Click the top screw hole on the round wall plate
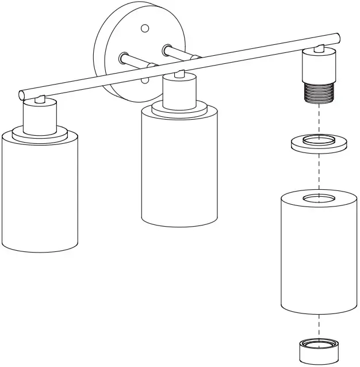(x=145, y=28)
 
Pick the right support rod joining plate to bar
(x=178, y=53)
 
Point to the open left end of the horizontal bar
(x=22, y=94)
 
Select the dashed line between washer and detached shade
(x=317, y=173)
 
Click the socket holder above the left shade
(x=40, y=115)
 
